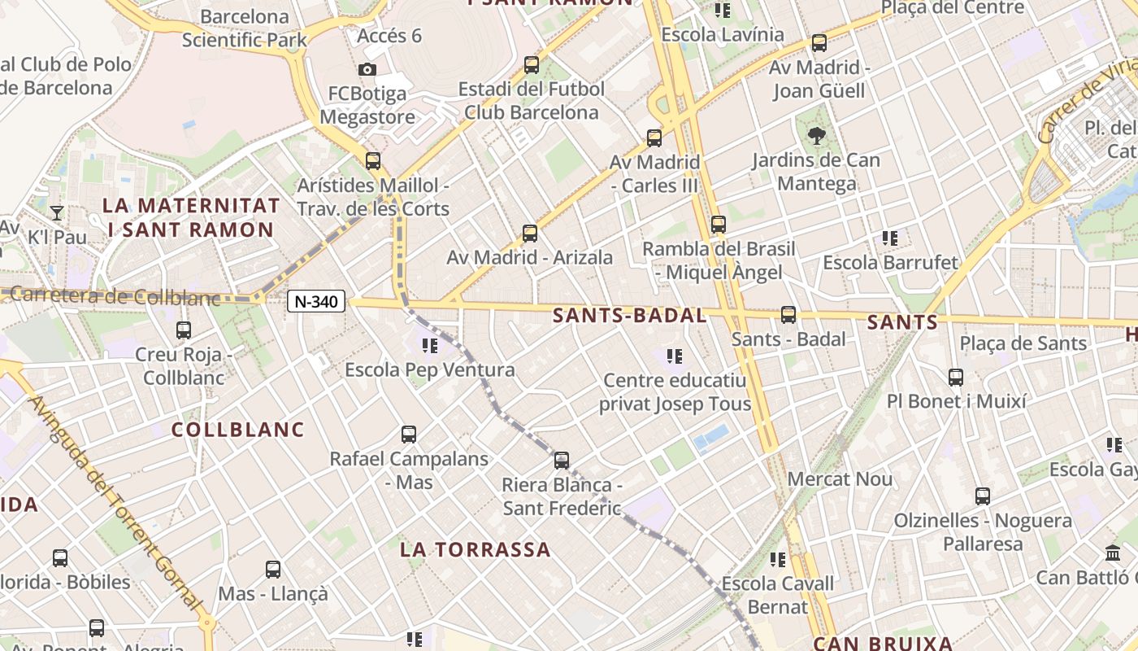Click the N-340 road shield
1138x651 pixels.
316,302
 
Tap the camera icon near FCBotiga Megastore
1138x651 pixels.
367,69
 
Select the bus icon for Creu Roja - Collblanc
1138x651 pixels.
184,330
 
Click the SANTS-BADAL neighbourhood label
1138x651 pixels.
629,316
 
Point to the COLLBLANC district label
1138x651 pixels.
237,430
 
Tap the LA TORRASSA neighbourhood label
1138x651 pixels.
476,549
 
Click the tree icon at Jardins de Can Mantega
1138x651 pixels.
815,135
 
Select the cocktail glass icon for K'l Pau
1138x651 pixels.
57,213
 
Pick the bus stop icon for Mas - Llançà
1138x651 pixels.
273,570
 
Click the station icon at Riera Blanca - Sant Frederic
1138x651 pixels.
562,461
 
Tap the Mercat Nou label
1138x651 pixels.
840,479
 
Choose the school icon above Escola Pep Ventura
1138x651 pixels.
430,346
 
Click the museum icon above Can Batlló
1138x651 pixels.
1113,553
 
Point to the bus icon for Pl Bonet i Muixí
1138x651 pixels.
956,378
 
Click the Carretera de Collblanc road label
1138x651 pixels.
114,297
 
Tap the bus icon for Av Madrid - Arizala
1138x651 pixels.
530,234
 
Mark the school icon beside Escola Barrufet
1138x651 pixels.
890,238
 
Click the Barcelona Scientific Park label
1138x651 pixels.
245,28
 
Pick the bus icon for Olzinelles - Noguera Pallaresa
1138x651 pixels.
983,496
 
